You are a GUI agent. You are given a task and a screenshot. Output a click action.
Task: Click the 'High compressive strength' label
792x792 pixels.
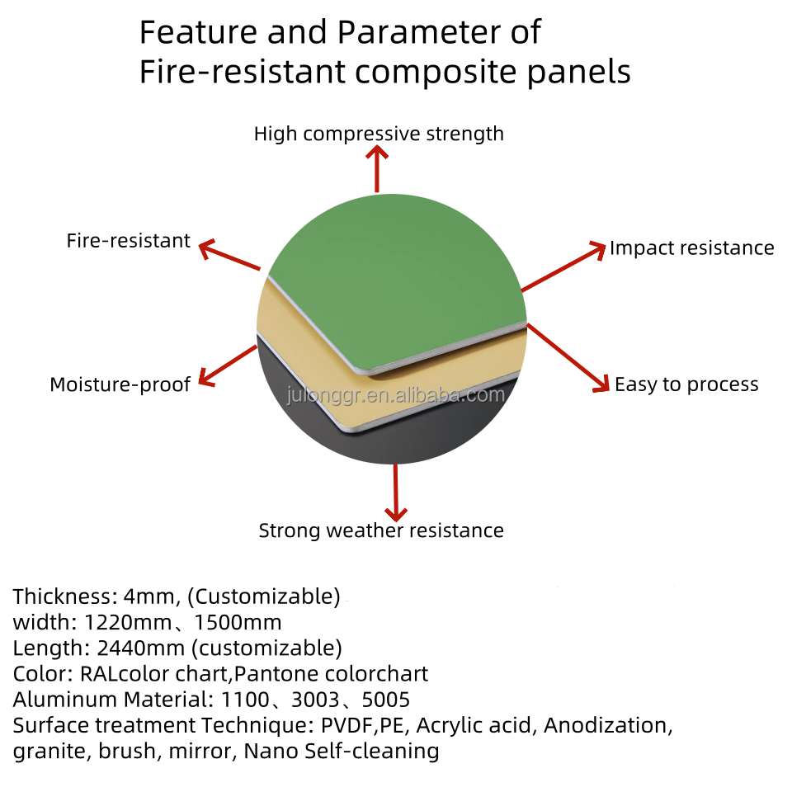379,134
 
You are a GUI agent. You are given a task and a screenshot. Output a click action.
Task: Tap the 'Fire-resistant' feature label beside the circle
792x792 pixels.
129,240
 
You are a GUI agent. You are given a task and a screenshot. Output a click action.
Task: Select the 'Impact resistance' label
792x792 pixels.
691,248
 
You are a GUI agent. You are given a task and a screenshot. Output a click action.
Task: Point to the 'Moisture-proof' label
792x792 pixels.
120,384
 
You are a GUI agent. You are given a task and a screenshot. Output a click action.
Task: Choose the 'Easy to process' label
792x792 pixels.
686,384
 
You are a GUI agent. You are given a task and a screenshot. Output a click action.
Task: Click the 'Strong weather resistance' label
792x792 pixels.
381,530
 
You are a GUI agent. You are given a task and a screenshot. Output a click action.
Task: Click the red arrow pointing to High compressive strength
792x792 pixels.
377,169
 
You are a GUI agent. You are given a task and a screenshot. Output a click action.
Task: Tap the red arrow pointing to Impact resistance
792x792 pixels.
563,266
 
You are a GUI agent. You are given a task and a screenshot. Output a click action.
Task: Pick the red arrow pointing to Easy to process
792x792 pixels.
568,357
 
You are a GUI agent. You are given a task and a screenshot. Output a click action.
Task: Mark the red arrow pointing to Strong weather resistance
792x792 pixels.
396,493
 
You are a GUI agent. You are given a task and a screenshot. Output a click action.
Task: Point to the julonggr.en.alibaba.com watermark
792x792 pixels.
396,395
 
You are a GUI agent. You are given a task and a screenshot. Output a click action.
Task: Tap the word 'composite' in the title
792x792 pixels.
436,72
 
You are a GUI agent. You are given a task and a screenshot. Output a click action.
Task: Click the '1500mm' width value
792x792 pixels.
238,622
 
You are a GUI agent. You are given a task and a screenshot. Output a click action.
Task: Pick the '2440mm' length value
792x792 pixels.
140,648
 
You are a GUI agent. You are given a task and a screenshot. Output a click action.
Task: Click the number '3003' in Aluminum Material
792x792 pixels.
315,700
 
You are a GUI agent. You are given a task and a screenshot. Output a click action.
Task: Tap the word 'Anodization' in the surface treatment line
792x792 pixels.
608,725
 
